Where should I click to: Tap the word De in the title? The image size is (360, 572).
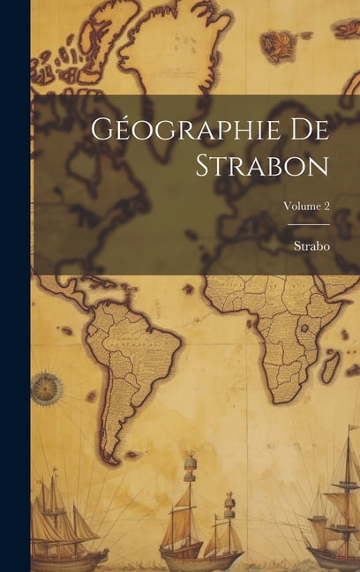(311, 129)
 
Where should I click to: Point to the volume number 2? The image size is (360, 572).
(326, 205)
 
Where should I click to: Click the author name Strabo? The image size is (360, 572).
(312, 246)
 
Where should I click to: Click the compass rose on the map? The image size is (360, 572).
(47, 389)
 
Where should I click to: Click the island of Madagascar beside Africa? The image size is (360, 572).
(330, 366)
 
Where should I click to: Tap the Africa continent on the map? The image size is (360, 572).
(278, 327)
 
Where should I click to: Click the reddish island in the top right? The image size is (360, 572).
(280, 44)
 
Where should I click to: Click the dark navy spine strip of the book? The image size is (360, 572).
(15, 286)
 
